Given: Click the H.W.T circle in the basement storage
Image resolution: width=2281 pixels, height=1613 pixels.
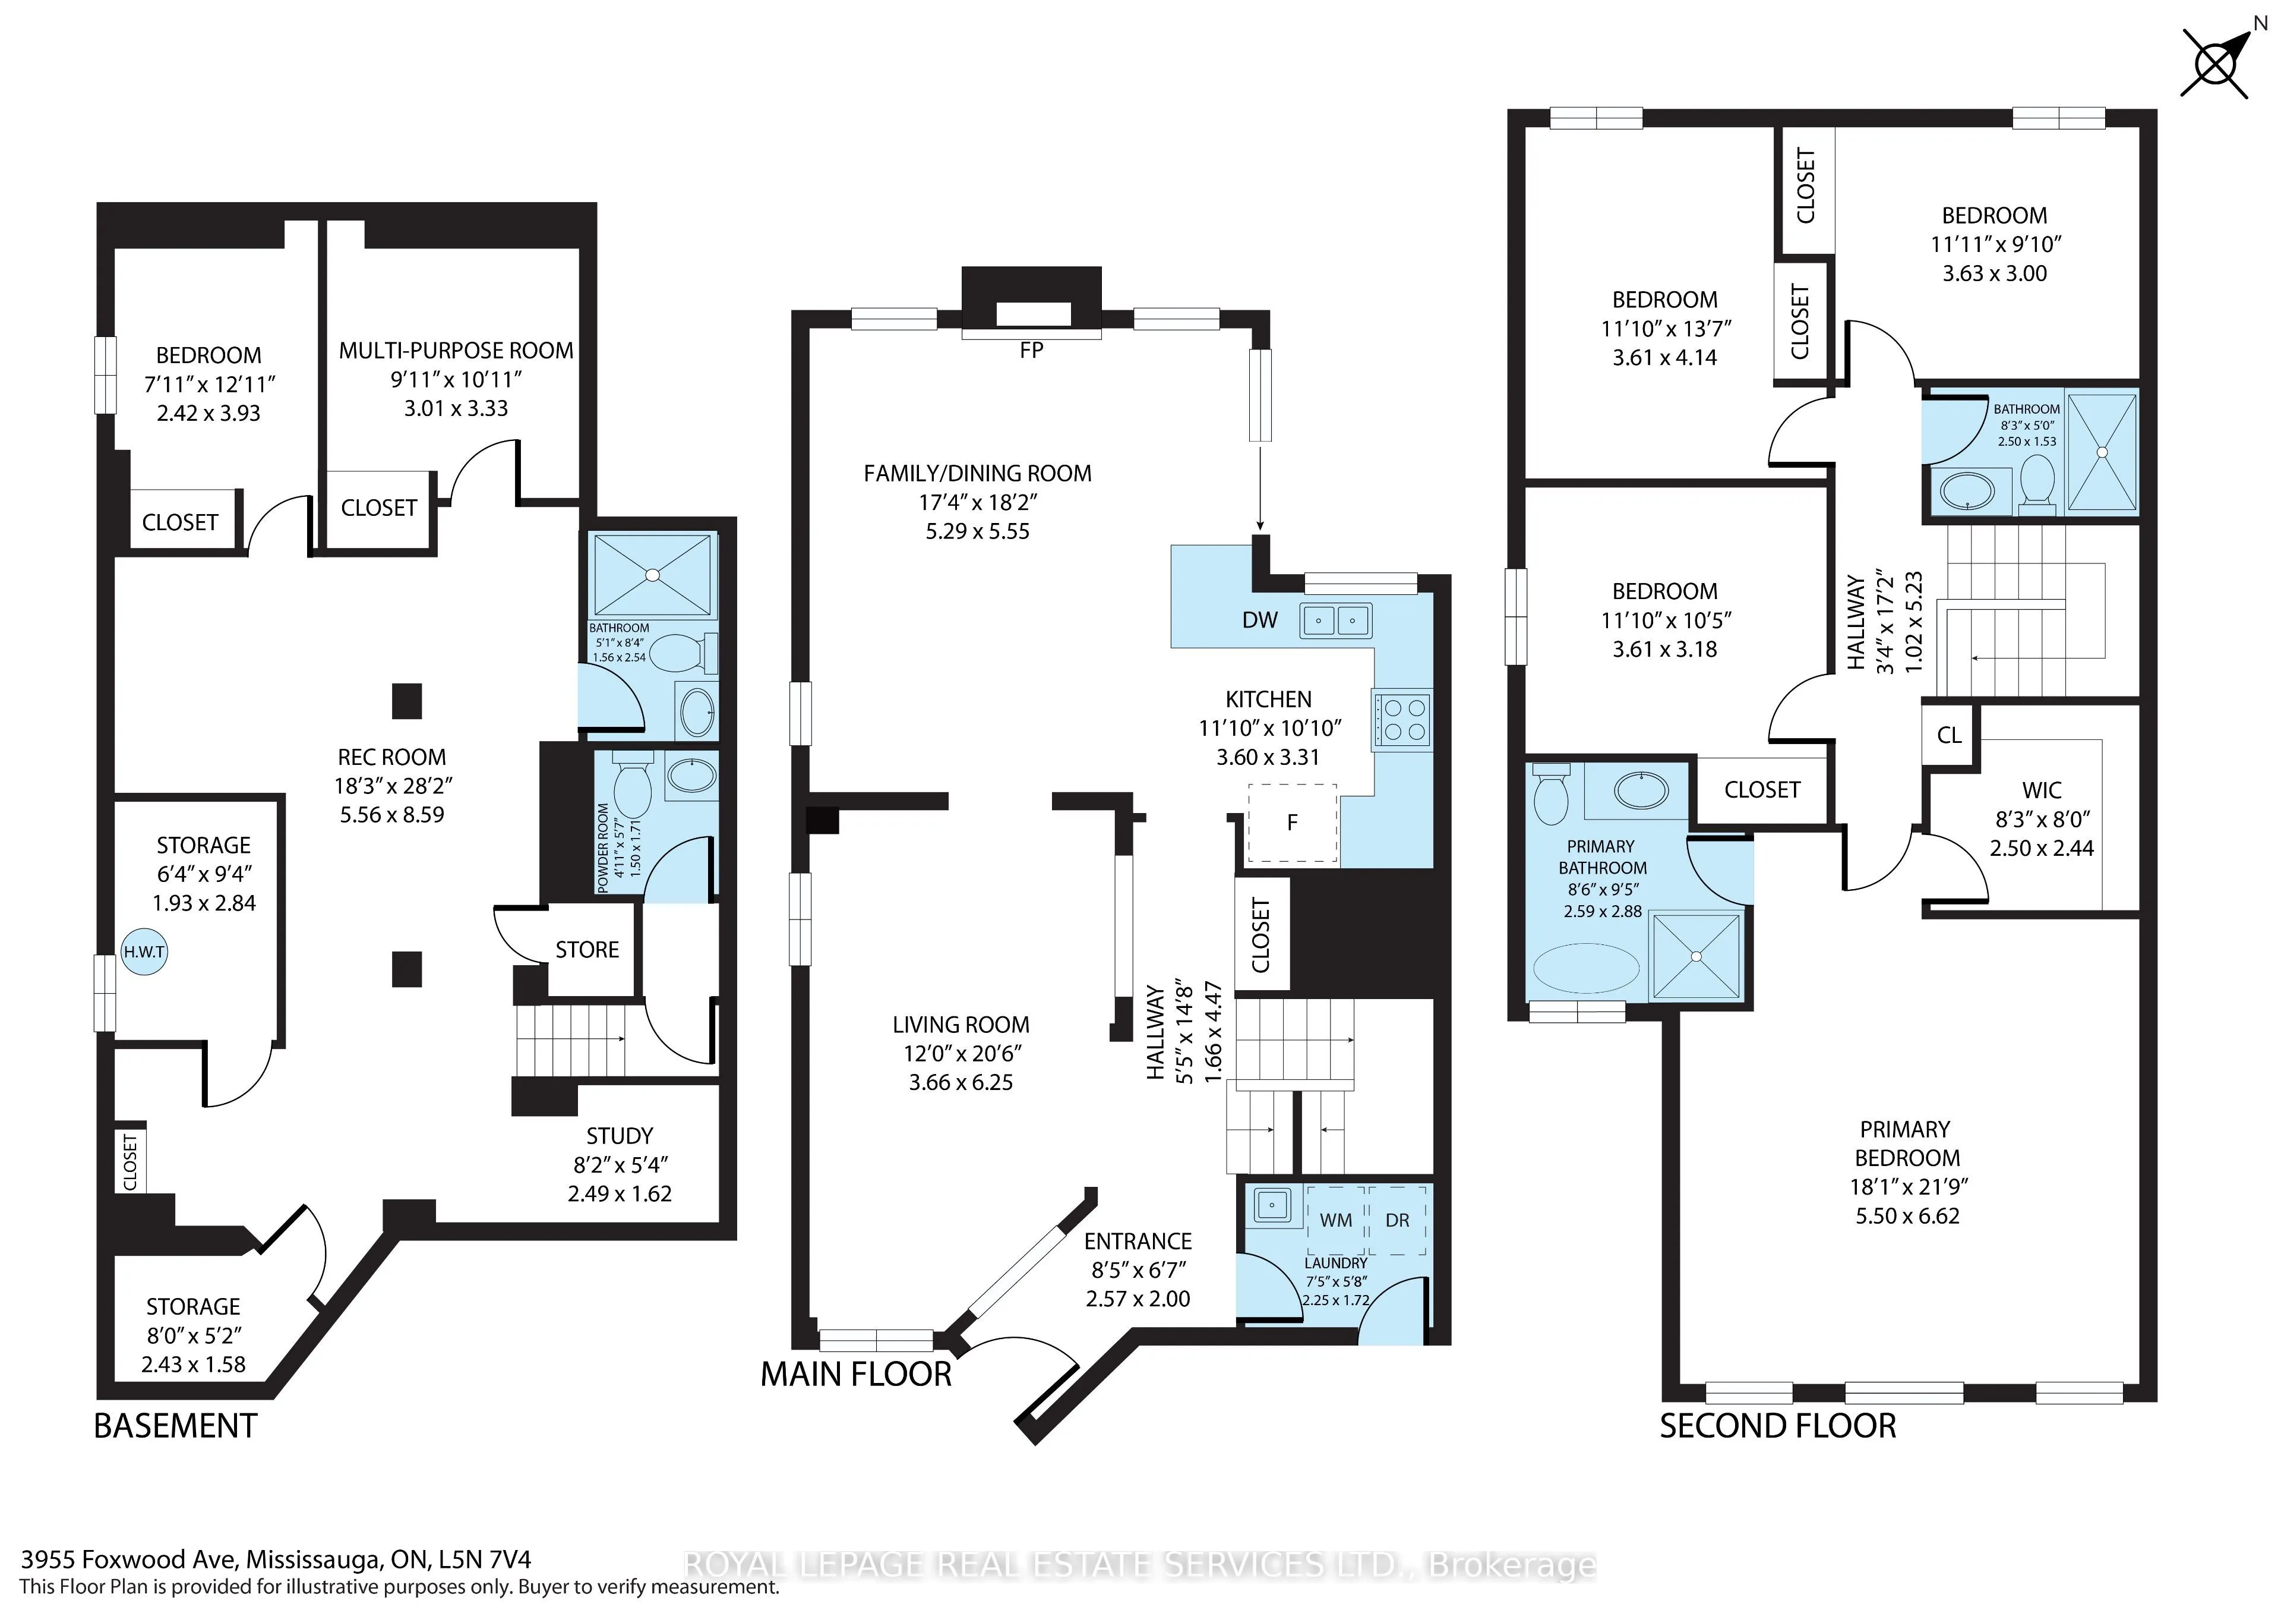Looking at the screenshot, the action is pos(144,952).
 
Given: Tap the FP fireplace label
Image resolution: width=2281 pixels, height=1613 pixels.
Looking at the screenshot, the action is pos(1031,351).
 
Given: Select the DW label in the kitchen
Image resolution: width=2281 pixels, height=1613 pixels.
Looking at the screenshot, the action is pos(1260,620).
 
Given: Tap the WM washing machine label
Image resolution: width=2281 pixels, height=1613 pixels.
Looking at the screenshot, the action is pos(1335,1220).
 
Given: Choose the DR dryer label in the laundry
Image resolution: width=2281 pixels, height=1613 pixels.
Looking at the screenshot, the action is pos(1397,1220).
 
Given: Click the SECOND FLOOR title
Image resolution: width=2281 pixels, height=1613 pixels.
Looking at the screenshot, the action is pos(1777,1426).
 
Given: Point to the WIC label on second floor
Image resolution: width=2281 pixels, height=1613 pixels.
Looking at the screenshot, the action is pos(2042,791).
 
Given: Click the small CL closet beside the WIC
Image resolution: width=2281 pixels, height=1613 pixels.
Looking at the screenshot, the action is pos(1949,735).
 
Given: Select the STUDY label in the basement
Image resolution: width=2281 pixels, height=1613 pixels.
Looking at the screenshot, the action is pos(620,1136).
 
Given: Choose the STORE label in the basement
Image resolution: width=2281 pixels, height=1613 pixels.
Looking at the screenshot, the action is pos(587,950).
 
